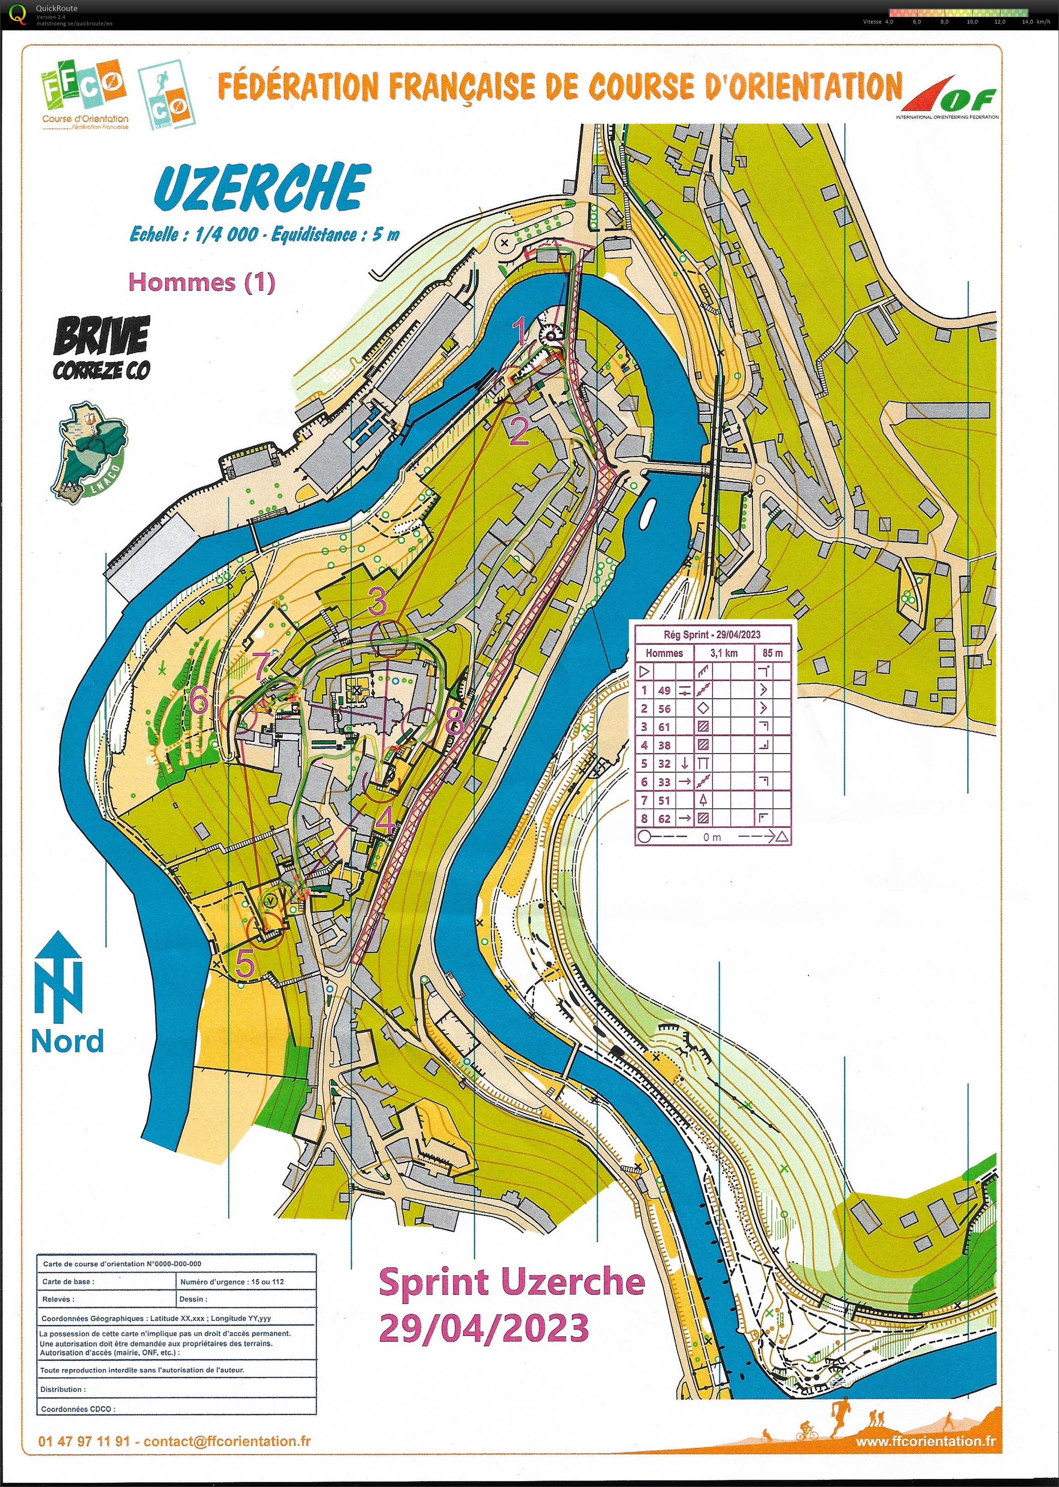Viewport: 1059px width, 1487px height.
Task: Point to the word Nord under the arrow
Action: pyautogui.click(x=67, y=1041)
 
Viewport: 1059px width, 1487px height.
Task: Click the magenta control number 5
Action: pyautogui.click(x=244, y=964)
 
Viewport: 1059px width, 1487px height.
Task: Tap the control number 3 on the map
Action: pyautogui.click(x=378, y=601)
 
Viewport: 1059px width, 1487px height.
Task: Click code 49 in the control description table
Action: pyautogui.click(x=664, y=690)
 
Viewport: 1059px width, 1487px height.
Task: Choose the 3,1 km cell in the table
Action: pyautogui.click(x=723, y=653)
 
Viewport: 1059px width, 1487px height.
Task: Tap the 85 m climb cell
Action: pyautogui.click(x=772, y=653)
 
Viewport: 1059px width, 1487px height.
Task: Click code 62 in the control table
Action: pyautogui.click(x=664, y=819)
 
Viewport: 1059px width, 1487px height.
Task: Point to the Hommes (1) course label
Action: pyautogui.click(x=201, y=282)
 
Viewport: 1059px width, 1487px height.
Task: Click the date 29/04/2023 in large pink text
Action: pyautogui.click(x=483, y=1328)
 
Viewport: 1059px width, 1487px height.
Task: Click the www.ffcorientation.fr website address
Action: pyautogui.click(x=925, y=1441)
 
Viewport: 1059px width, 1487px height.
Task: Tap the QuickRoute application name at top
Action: pyautogui.click(x=57, y=8)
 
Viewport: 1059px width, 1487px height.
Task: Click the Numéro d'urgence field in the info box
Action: pyautogui.click(x=231, y=1282)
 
